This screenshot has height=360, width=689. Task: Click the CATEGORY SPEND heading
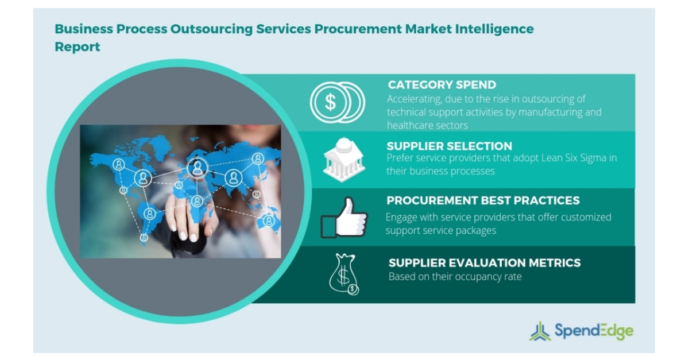click(442, 85)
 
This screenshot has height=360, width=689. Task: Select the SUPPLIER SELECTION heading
click(449, 146)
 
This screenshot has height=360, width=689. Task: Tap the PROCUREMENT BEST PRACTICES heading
click(483, 200)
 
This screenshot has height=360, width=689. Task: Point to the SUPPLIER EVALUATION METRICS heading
click(485, 263)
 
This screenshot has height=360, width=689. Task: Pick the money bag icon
click(343, 274)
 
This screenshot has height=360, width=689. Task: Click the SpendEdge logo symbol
click(539, 331)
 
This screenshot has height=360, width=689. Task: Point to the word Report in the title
click(78, 47)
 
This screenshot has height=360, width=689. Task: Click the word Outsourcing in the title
click(204, 29)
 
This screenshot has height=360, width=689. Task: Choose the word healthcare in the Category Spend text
click(412, 125)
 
